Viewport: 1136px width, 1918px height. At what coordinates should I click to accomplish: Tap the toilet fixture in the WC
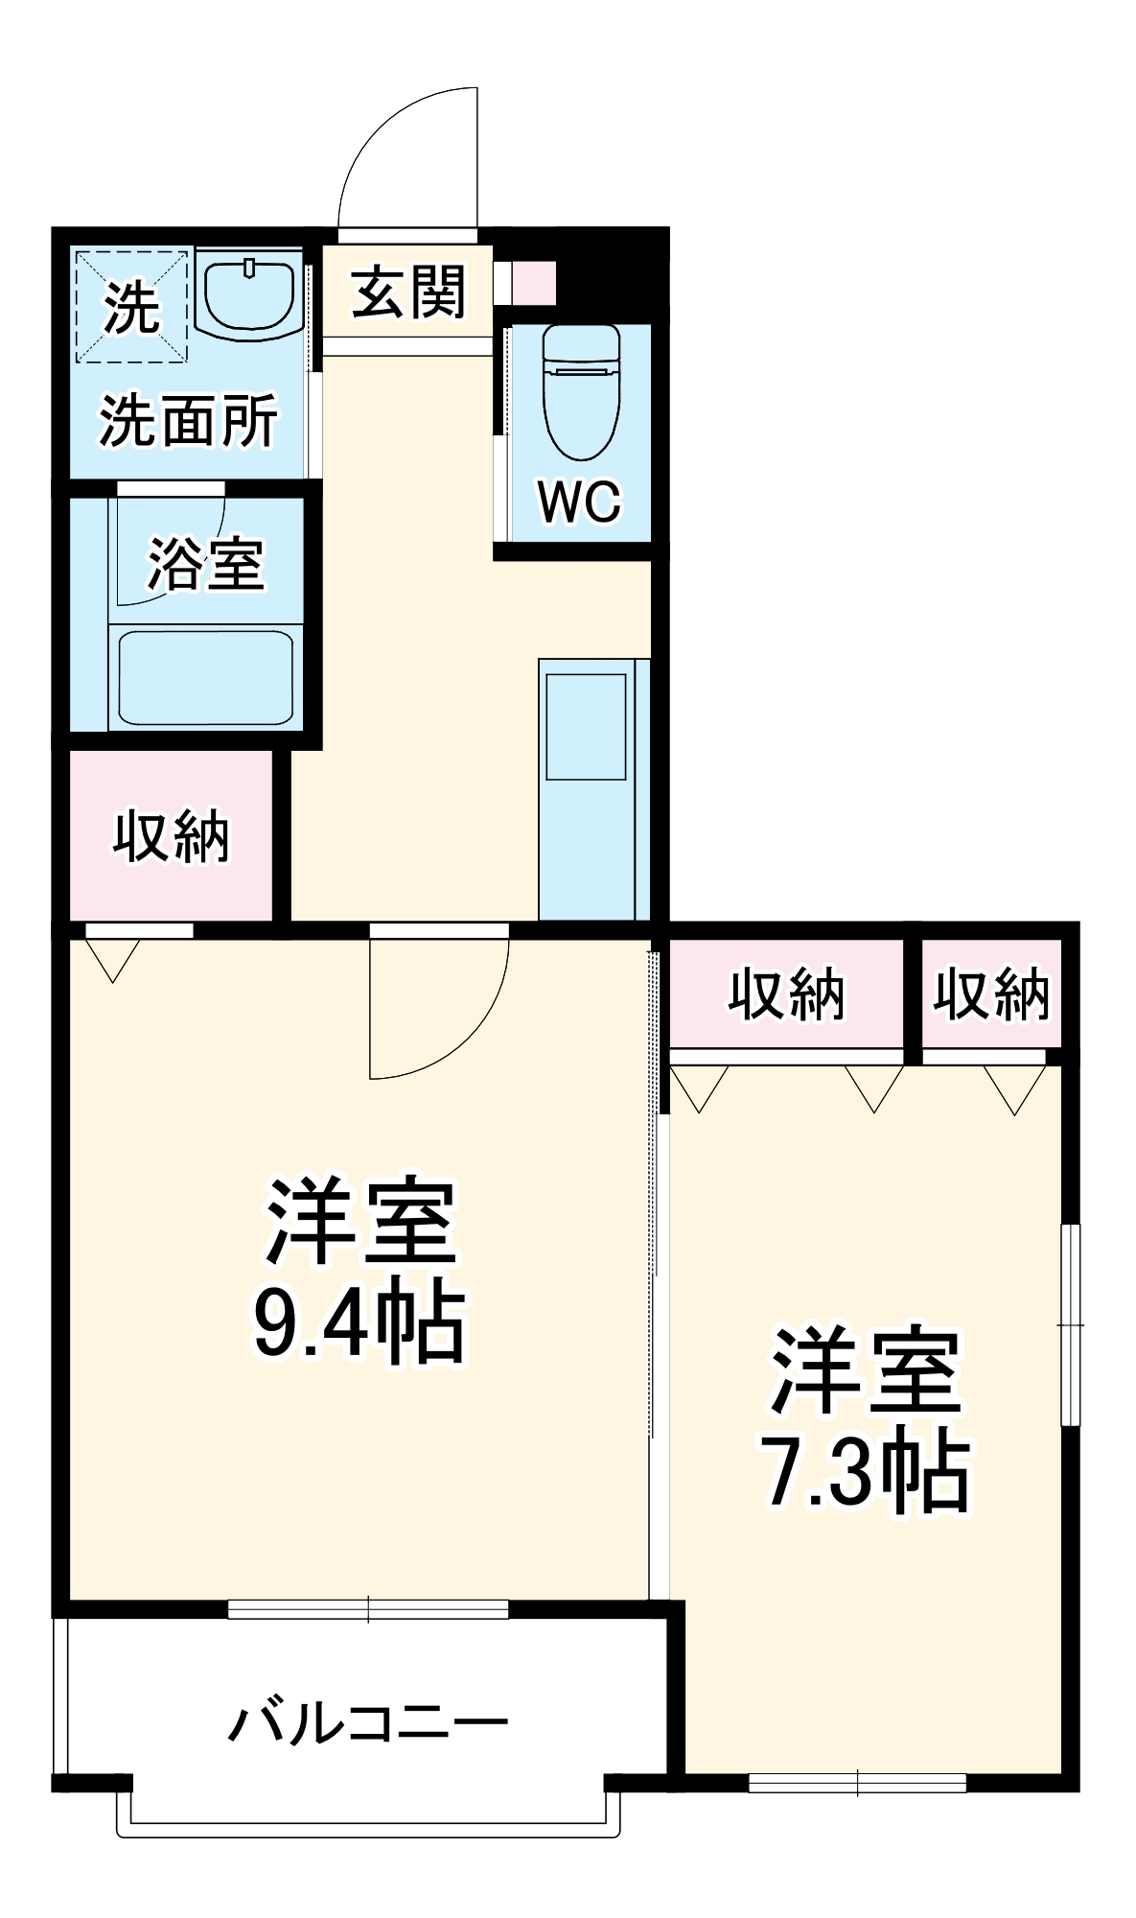click(581, 393)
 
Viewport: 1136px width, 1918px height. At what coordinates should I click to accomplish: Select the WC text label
click(579, 501)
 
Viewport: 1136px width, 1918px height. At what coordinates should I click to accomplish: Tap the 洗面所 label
click(188, 420)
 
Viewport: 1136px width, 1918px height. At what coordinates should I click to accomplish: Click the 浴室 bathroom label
click(205, 564)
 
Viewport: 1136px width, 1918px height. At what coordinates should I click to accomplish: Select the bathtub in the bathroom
click(205, 677)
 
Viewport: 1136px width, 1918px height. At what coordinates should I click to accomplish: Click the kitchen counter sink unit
click(587, 788)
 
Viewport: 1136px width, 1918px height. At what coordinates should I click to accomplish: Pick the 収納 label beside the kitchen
click(172, 836)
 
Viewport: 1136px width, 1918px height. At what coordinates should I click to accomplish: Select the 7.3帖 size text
click(865, 1471)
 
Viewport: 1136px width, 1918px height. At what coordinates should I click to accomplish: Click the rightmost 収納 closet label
click(991, 994)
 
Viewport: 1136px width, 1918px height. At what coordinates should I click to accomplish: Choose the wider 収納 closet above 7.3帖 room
click(786, 994)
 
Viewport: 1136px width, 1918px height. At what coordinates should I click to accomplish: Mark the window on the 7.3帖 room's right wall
click(1070, 1324)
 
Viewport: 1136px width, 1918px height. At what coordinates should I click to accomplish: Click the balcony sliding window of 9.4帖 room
click(368, 1609)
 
